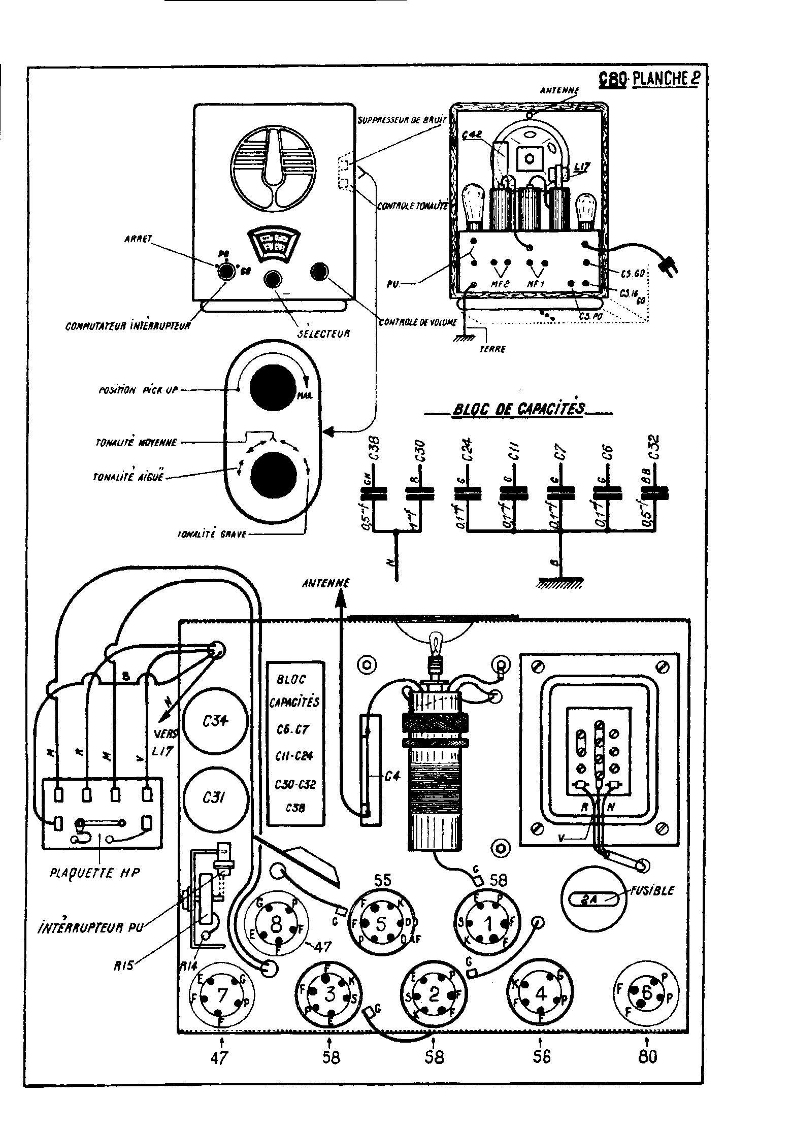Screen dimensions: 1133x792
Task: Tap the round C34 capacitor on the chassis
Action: (x=215, y=721)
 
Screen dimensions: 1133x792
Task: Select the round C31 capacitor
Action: (x=215, y=797)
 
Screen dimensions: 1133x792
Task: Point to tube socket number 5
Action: (x=382, y=923)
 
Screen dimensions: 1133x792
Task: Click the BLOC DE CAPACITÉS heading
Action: (x=518, y=409)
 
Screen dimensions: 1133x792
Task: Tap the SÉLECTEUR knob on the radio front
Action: (x=273, y=279)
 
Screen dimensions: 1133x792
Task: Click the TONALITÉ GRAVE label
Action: (x=211, y=534)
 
